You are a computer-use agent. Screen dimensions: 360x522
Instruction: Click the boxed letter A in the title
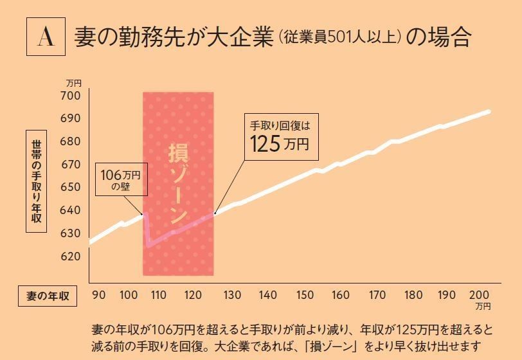point(46,37)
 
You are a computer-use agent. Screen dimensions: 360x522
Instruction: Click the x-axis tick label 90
point(99,295)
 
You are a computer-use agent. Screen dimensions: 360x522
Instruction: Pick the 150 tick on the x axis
point(305,295)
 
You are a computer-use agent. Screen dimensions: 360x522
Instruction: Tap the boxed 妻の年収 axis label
point(47,296)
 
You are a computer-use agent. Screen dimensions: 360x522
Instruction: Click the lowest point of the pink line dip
point(147,246)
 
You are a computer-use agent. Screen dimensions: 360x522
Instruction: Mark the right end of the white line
point(489,112)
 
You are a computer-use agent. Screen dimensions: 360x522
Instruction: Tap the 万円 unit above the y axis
point(74,83)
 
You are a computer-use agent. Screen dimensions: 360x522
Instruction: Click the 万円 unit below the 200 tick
point(483,307)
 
